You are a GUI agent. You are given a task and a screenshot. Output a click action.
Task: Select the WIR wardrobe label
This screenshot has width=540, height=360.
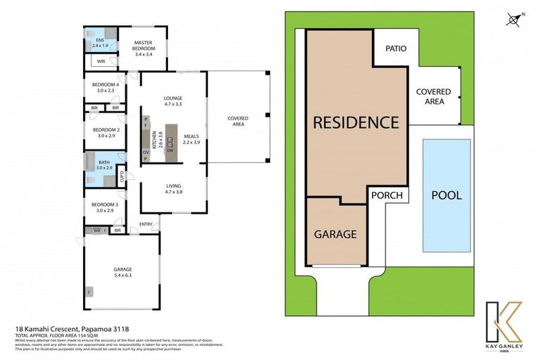point(101,62)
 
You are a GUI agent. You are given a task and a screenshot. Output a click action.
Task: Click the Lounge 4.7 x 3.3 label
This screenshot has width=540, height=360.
point(173,101)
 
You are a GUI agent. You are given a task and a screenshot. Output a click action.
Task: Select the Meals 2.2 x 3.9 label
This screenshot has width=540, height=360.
point(192,139)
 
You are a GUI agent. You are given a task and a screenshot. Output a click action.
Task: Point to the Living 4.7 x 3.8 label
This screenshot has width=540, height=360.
point(173,188)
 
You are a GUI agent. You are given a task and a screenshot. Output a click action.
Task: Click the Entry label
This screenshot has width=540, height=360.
point(146,224)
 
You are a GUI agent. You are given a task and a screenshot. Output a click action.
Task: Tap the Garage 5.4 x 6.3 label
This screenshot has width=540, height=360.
point(123,272)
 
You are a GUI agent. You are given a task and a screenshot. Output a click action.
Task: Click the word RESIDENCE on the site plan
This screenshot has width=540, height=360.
point(355,122)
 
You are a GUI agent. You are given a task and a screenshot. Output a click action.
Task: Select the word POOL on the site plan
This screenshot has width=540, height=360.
point(446,195)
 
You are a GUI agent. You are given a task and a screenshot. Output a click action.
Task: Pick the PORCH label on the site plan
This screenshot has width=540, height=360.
point(387,195)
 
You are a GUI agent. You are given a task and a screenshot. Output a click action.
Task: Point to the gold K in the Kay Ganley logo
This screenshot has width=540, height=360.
point(503,321)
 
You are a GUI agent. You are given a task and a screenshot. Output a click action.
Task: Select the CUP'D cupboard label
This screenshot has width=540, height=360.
point(122,176)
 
